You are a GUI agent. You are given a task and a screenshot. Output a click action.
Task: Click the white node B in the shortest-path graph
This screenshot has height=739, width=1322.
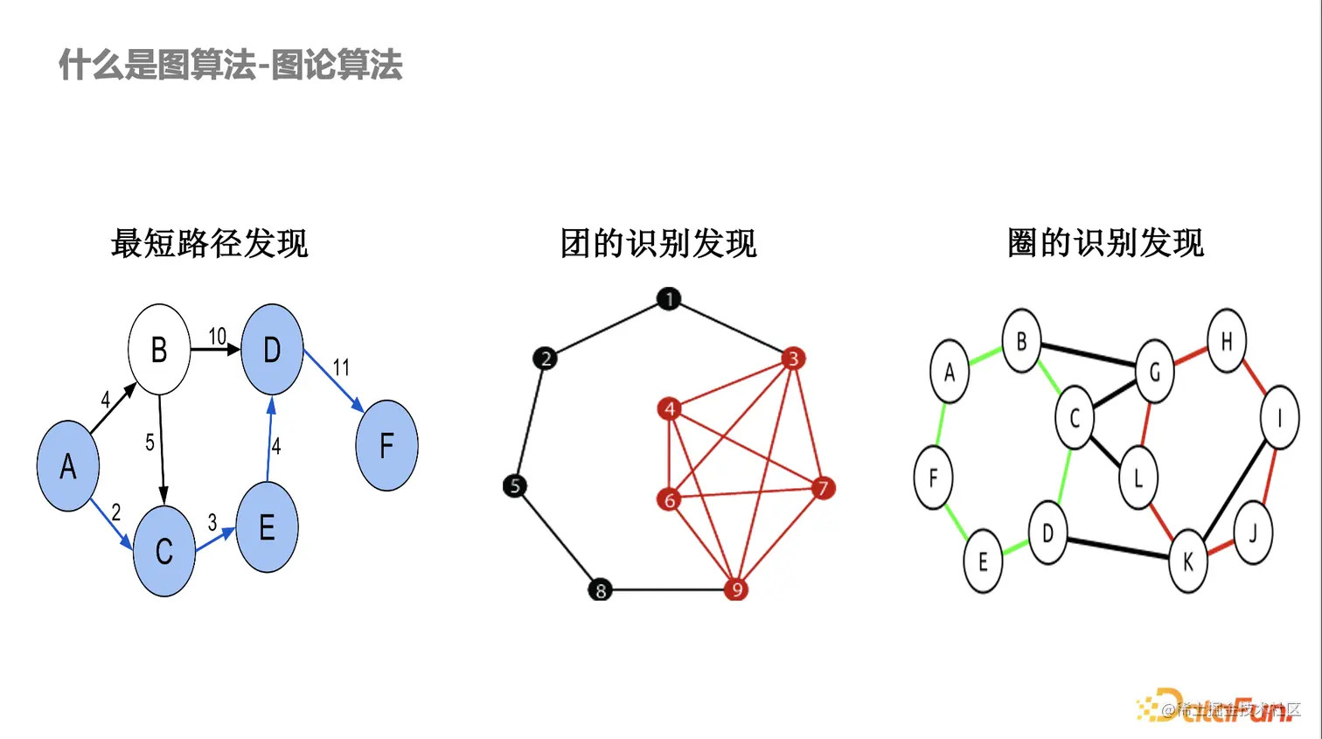click(x=159, y=350)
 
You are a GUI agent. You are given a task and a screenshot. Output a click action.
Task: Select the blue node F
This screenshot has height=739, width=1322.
click(x=386, y=445)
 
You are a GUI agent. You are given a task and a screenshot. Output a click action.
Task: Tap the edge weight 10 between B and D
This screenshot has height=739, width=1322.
click(x=217, y=336)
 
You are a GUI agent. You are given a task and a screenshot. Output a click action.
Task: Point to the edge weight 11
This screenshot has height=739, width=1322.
click(x=341, y=367)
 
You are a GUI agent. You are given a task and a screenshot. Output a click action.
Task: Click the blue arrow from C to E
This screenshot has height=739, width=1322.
click(x=215, y=540)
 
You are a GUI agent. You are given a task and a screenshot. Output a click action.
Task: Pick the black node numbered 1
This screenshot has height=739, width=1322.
click(x=669, y=299)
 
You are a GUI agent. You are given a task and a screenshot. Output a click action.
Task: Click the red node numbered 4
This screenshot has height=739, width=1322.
click(x=669, y=408)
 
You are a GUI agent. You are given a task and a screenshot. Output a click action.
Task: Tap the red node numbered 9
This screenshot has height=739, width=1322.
click(x=736, y=589)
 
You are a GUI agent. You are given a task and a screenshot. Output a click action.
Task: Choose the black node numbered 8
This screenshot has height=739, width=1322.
click(x=600, y=589)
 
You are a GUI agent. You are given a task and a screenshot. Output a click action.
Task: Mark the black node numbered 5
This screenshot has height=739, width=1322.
click(x=515, y=485)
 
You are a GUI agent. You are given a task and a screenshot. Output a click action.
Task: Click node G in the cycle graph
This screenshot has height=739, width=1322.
click(x=1154, y=373)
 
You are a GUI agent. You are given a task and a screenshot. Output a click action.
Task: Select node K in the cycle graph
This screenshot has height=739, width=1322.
click(x=1187, y=561)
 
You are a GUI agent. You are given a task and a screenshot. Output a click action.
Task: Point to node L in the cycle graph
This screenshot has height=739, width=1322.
click(x=1138, y=478)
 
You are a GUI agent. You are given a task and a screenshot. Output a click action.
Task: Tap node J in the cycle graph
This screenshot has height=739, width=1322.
click(x=1252, y=533)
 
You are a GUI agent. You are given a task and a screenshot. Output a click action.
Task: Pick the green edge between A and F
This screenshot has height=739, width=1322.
click(x=940, y=424)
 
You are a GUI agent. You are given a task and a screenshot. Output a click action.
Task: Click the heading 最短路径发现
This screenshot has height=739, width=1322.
click(x=210, y=243)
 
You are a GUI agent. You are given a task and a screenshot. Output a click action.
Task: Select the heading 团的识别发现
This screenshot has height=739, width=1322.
click(x=658, y=243)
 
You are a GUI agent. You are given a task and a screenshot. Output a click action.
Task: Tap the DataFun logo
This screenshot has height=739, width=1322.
click(x=1220, y=707)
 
